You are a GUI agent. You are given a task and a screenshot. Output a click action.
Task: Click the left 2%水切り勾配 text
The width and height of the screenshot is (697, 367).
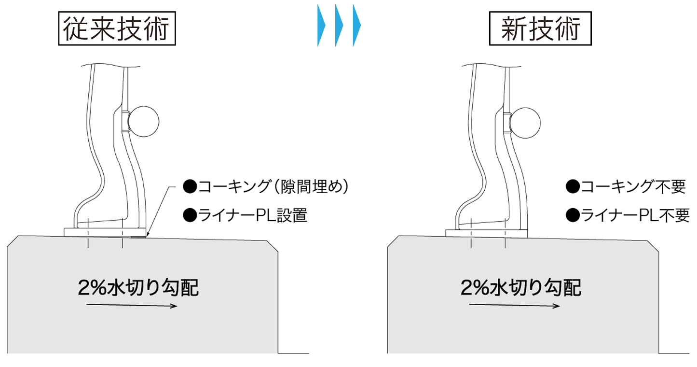[x=138, y=288]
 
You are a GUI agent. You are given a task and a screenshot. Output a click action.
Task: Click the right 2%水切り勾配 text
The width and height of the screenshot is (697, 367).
[x=521, y=288]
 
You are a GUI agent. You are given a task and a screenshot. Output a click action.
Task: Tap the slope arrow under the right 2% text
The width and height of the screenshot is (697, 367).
[x=514, y=305]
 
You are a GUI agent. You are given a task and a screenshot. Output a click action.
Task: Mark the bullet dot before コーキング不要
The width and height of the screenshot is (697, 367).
[x=573, y=187]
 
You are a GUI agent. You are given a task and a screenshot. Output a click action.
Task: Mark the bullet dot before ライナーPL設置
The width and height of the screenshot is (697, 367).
[x=190, y=215]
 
